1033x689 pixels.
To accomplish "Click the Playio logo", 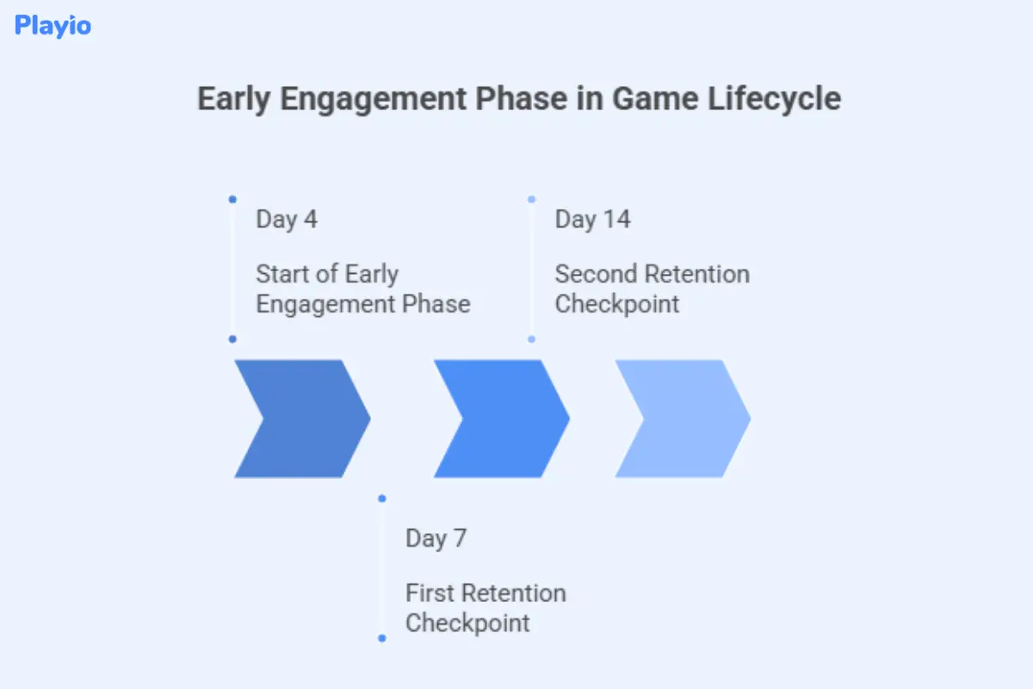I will [53, 26].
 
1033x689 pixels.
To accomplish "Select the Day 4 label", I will [286, 220].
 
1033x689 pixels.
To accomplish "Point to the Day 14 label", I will [592, 220].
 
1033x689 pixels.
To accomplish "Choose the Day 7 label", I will [436, 539].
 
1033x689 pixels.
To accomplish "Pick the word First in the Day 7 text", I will [430, 593].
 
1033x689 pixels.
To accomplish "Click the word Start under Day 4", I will [281, 275].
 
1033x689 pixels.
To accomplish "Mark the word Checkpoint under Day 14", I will [616, 304].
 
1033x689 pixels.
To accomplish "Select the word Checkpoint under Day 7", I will [467, 623].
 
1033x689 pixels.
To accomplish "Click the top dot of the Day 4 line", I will [232, 199].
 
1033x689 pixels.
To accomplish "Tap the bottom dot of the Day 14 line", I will [531, 339].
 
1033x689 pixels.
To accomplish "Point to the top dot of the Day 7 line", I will [382, 498].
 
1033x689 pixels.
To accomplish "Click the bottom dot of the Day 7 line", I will [382, 638].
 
